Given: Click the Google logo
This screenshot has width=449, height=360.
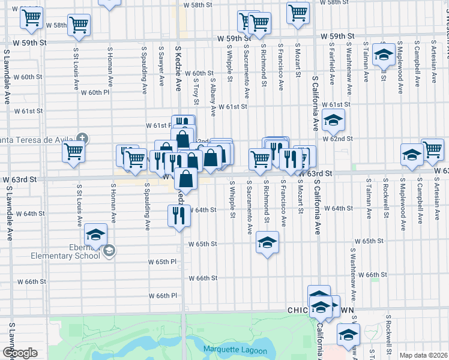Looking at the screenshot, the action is click(19, 353).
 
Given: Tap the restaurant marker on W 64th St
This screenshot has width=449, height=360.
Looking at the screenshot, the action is click(178, 215).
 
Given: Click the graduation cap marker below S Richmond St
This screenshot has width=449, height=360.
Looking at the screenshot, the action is click(268, 242).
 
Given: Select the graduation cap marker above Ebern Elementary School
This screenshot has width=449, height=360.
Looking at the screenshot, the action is click(95, 234).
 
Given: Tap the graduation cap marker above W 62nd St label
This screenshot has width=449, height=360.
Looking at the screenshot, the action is click(333, 120).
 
